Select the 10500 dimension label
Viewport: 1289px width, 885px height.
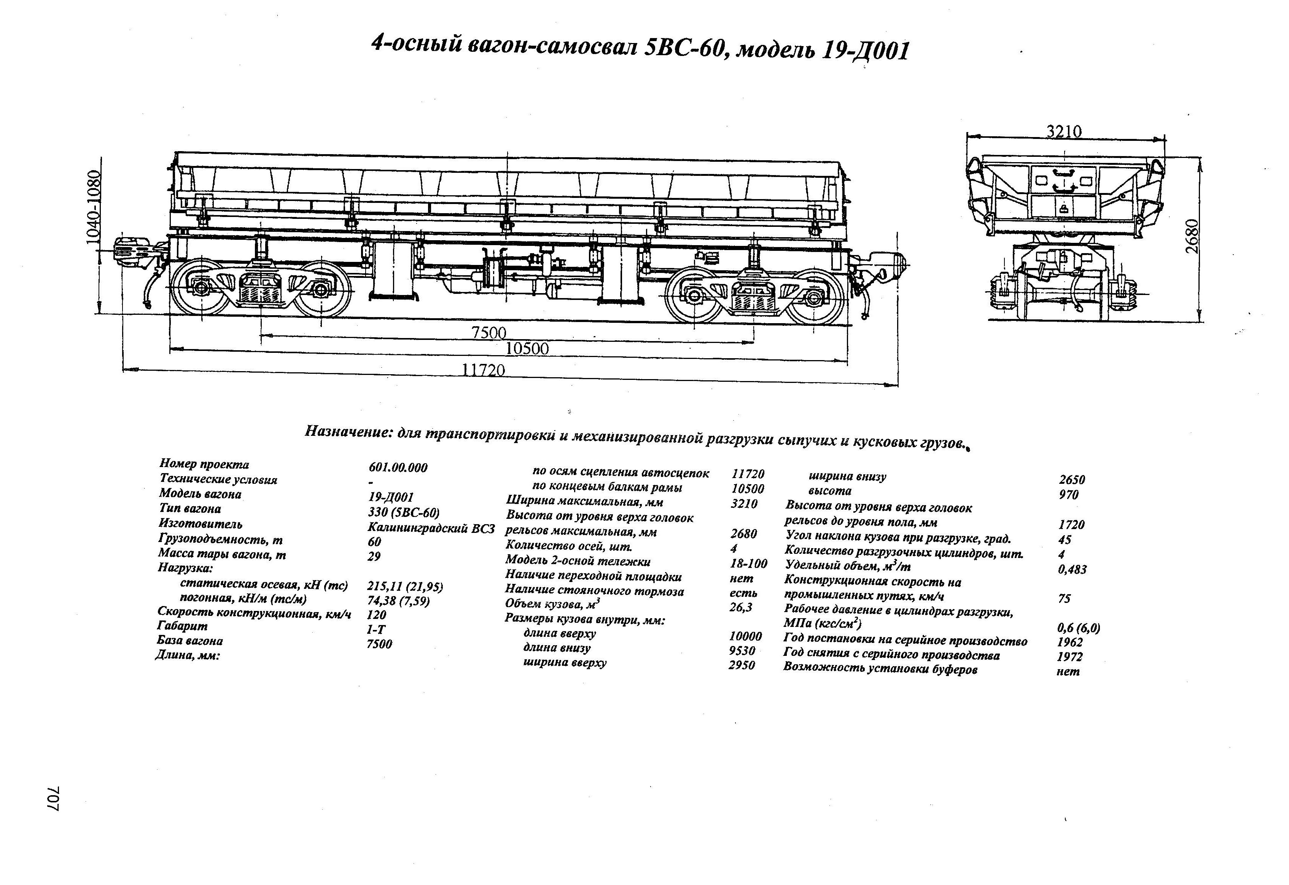[x=527, y=348]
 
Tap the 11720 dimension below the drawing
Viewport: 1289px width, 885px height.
[x=484, y=370]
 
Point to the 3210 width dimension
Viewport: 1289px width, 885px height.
[x=1064, y=131]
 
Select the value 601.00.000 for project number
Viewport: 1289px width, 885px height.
[x=398, y=468]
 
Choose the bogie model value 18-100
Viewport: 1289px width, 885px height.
[x=749, y=564]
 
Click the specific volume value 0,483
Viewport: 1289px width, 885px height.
[x=1072, y=569]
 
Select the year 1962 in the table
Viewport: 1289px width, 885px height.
[x=1070, y=642]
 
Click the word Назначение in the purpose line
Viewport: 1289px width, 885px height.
[x=349, y=432]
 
